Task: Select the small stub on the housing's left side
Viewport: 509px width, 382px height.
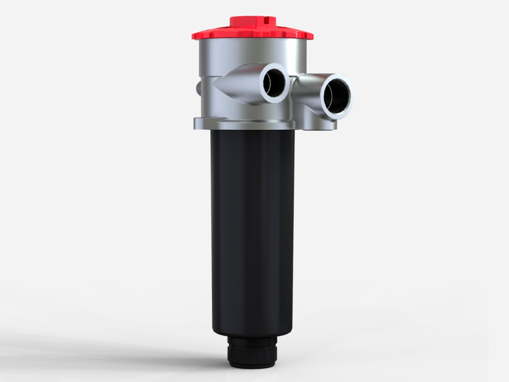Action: coord(197,87)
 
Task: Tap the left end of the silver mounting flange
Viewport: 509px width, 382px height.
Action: coord(196,122)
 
